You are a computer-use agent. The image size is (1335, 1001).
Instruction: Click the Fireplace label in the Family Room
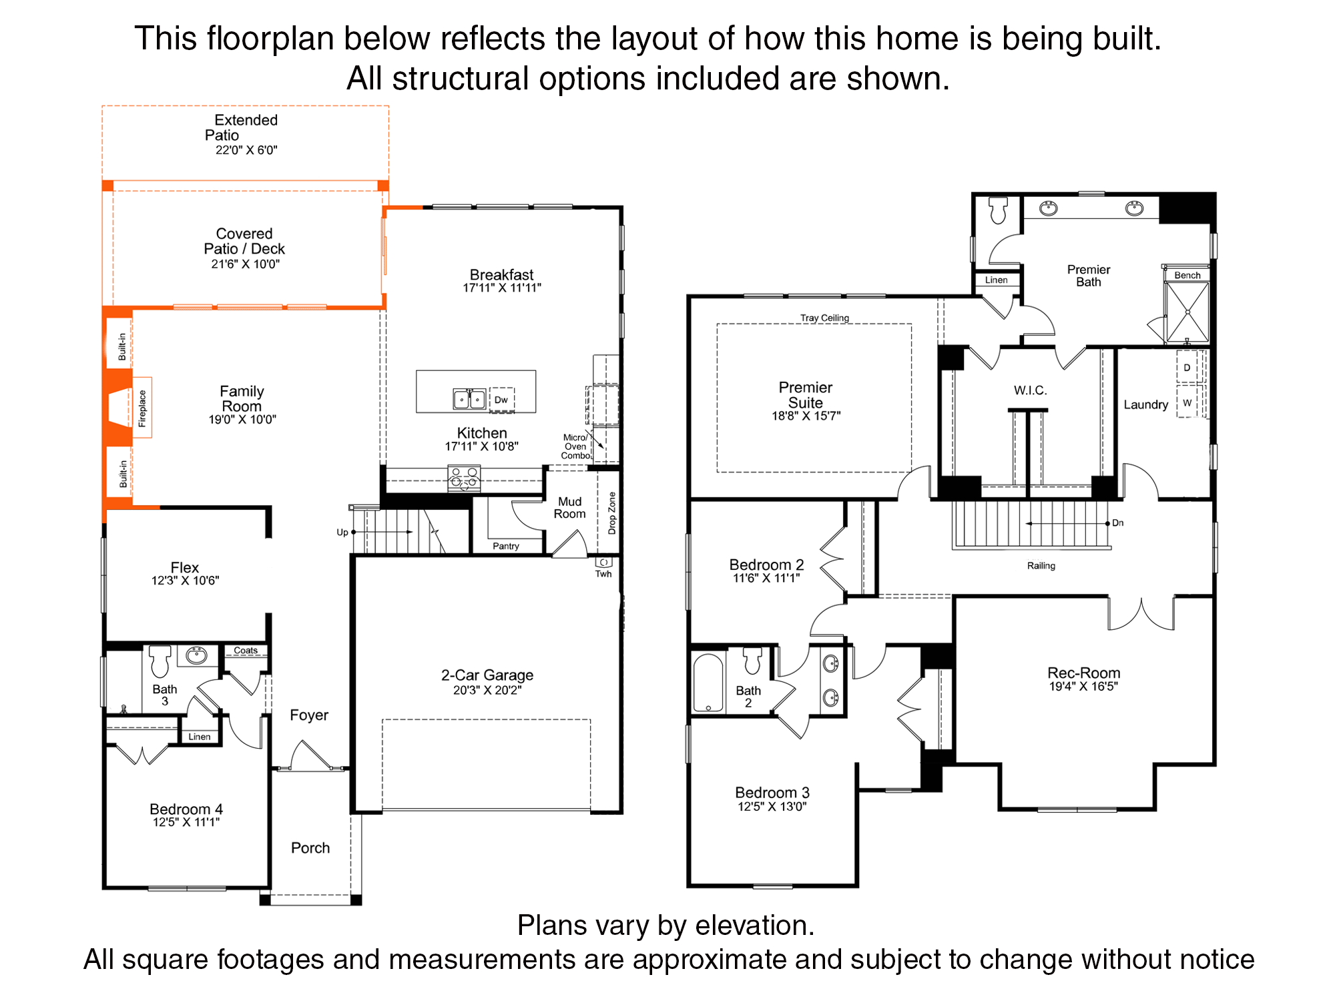142,408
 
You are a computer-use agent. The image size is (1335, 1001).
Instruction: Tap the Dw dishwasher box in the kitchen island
502,400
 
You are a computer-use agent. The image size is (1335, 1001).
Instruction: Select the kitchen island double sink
469,399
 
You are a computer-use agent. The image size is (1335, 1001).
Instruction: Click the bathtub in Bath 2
708,682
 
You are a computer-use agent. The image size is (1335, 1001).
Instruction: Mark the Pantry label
506,546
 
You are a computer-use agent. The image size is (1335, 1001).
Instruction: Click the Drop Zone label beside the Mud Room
612,513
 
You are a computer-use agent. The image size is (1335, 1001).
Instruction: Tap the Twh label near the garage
603,574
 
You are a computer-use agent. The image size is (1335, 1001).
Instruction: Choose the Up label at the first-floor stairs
342,533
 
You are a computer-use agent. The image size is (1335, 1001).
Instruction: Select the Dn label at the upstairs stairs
1118,523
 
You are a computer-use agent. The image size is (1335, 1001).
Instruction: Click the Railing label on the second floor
1041,566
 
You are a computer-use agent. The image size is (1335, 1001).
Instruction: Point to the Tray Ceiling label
825,318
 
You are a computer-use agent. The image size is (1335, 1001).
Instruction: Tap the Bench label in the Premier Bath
1187,275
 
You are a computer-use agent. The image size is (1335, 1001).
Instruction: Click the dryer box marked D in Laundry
1187,368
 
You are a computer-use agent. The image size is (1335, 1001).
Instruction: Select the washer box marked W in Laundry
1187,403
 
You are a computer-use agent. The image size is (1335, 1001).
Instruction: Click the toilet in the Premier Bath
999,210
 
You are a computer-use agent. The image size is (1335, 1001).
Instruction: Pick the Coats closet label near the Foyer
246,650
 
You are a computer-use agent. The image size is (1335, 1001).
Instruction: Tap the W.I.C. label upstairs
1031,390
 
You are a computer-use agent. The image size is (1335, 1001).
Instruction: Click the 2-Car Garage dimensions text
487,690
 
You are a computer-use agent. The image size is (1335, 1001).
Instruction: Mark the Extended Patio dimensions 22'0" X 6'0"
246,150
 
